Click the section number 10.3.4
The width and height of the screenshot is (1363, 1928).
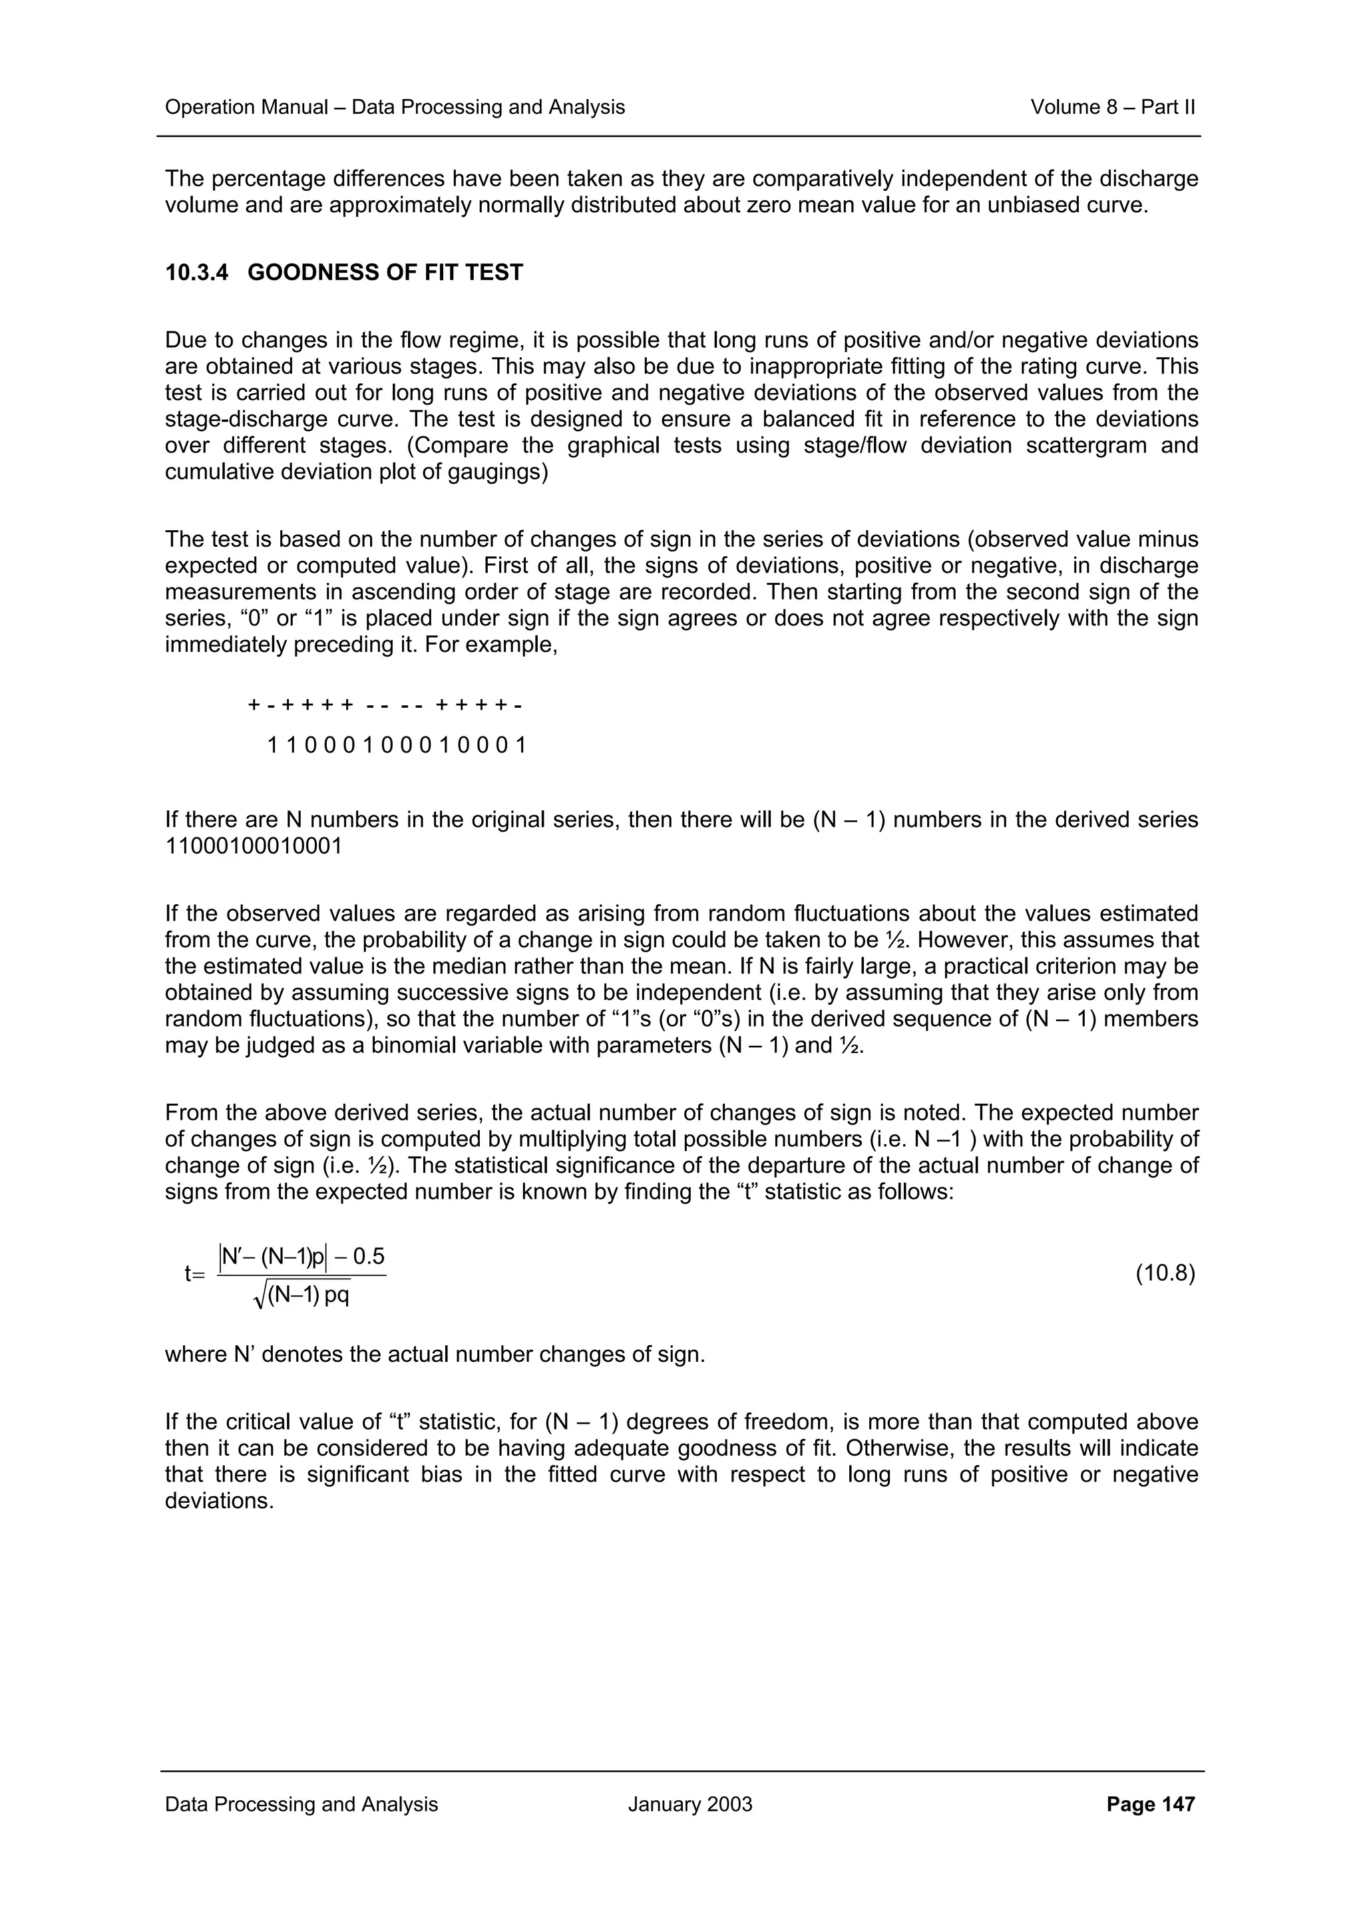196,273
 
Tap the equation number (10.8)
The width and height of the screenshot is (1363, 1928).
1165,1274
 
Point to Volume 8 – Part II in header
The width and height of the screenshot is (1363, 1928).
1112,108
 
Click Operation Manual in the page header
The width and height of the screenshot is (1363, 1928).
246,108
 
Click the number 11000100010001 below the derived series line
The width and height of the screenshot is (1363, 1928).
254,846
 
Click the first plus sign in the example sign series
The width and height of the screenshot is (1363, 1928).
254,705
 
